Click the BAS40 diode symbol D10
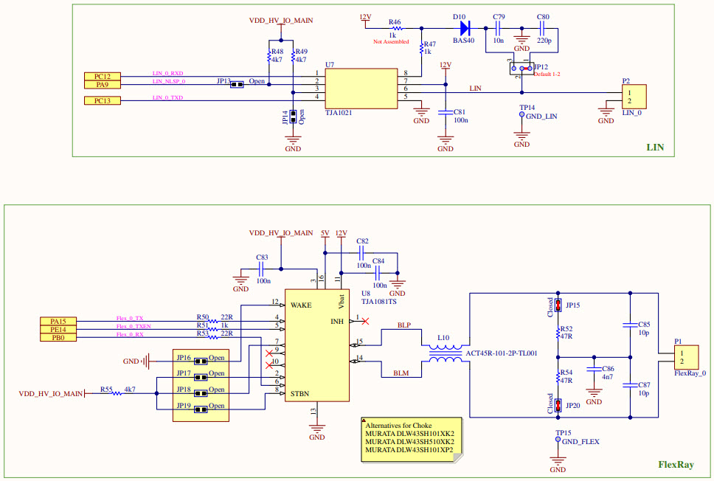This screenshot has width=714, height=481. [x=465, y=29]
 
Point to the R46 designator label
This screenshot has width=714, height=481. [x=395, y=23]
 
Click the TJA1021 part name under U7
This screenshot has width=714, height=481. [x=339, y=113]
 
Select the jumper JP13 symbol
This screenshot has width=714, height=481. [x=237, y=84]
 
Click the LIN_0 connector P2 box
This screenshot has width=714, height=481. [x=633, y=97]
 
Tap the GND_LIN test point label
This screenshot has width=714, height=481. [x=542, y=117]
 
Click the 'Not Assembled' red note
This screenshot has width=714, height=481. [x=391, y=42]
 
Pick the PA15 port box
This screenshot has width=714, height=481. [x=58, y=321]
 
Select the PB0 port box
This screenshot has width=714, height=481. [x=58, y=337]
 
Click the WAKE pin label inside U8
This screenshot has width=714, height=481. [x=302, y=304]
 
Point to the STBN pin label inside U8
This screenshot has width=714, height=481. [x=301, y=393]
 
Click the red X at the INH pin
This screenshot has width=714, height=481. [x=365, y=320]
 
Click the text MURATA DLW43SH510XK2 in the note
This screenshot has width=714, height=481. [x=409, y=441]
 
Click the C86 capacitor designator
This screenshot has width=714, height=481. [x=608, y=368]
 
